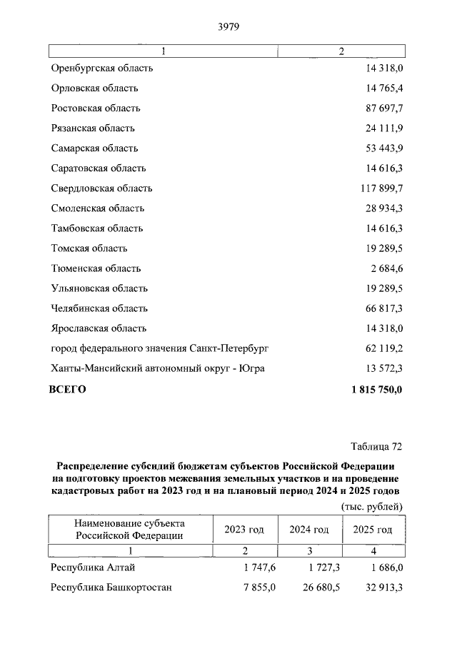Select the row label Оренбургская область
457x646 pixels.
pyautogui.click(x=102, y=69)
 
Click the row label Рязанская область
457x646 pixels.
pyautogui.click(x=93, y=128)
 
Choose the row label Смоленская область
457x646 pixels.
pyautogui.click(x=98, y=208)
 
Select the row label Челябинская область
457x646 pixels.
pyautogui.click(x=99, y=308)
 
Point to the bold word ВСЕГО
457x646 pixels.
pyautogui.click(x=67, y=389)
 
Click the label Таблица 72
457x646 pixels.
pyautogui.click(x=377, y=447)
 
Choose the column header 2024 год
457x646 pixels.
pyautogui.click(x=308, y=530)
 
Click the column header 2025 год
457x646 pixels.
pyautogui.click(x=373, y=530)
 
